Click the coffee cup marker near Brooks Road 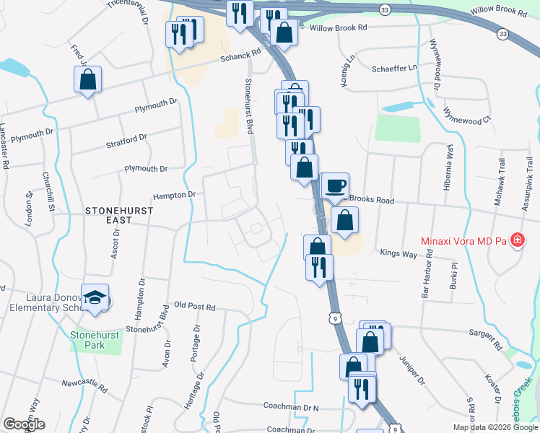[334, 185]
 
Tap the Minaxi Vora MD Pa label [462, 240]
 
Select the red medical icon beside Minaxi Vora [517, 240]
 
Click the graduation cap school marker [95, 298]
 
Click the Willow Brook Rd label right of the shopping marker [339, 27]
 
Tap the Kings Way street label [399, 253]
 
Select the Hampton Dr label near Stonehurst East [175, 195]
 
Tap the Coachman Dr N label [291, 407]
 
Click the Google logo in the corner [25, 424]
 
